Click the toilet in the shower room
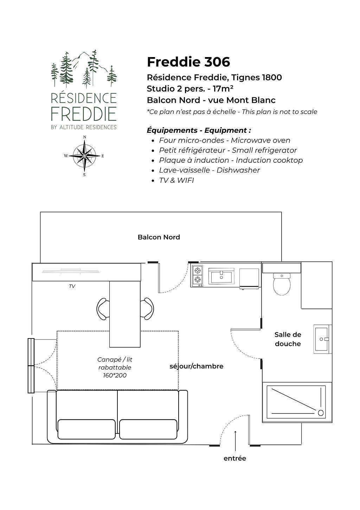coord(282,284)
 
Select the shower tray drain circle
coord(321,413)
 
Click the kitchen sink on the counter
coord(221,275)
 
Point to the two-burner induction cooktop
coord(197,275)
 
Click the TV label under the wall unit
coord(72,286)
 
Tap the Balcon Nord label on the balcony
coord(159,237)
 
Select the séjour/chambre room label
coord(197,366)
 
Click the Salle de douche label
coord(288,339)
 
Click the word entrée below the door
coord(235,458)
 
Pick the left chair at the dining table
coord(103,309)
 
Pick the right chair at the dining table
coord(147,309)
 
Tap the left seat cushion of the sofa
coord(86,429)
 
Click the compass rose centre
coord(84,156)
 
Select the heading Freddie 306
coord(189,62)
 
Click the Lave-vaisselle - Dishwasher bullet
coord(209,170)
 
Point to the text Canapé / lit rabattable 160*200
coord(115,367)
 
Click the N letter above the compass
coord(84,137)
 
